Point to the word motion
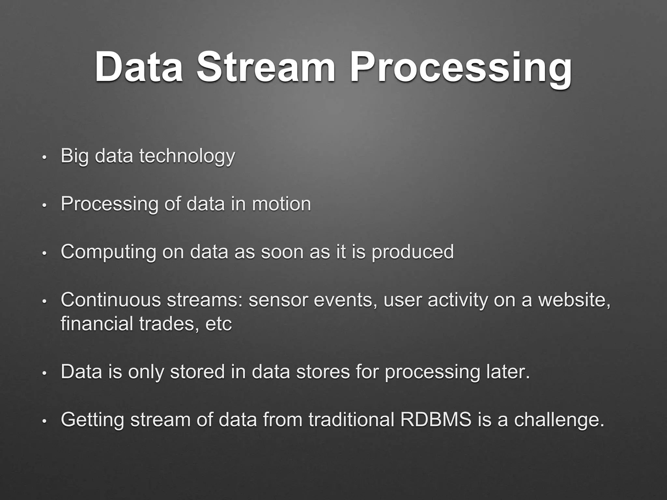[x=281, y=204]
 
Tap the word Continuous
[x=111, y=300]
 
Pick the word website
[x=574, y=300]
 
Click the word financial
[x=96, y=324]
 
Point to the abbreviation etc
[x=219, y=324]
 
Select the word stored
[x=197, y=371]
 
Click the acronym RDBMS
[x=435, y=419]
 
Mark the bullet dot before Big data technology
[x=45, y=158]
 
